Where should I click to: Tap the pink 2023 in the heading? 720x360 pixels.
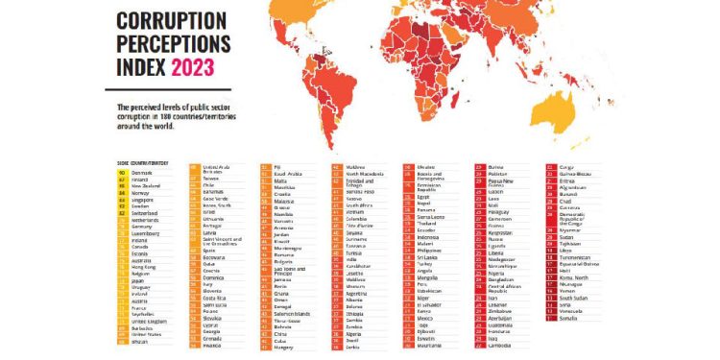(193, 67)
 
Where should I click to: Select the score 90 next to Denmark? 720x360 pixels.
(122, 171)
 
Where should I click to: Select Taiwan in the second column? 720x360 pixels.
(211, 178)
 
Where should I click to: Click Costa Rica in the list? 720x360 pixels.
(215, 299)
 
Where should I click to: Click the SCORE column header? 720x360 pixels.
(122, 162)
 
